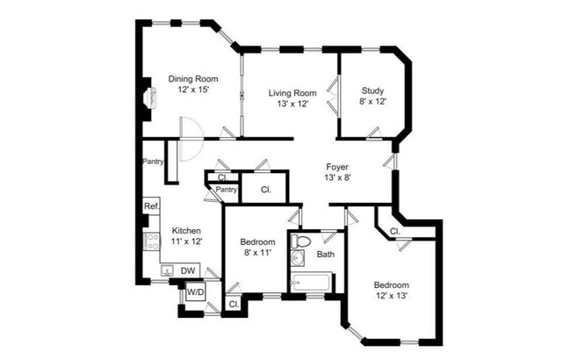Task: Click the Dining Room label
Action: coord(193,79)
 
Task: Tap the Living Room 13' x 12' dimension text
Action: coord(293,104)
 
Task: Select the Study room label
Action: coord(372,90)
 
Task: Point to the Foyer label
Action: coord(337,167)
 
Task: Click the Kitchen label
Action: coord(186,231)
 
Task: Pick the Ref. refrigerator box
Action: coord(151,206)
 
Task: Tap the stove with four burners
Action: coord(151,241)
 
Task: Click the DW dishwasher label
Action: coord(188,270)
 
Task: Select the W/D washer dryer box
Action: coord(196,292)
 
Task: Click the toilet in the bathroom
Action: coord(300,241)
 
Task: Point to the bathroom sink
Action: coord(299,258)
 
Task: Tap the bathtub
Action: coord(311,282)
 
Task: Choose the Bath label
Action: coord(326,254)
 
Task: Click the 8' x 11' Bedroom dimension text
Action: coord(257,253)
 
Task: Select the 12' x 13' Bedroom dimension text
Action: coord(392,296)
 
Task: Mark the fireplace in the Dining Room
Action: coord(151,97)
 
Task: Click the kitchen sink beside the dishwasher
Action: coord(168,270)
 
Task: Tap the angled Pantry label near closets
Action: coord(226,190)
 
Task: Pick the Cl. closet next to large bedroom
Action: coord(395,231)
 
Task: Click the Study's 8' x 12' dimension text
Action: coord(372,102)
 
